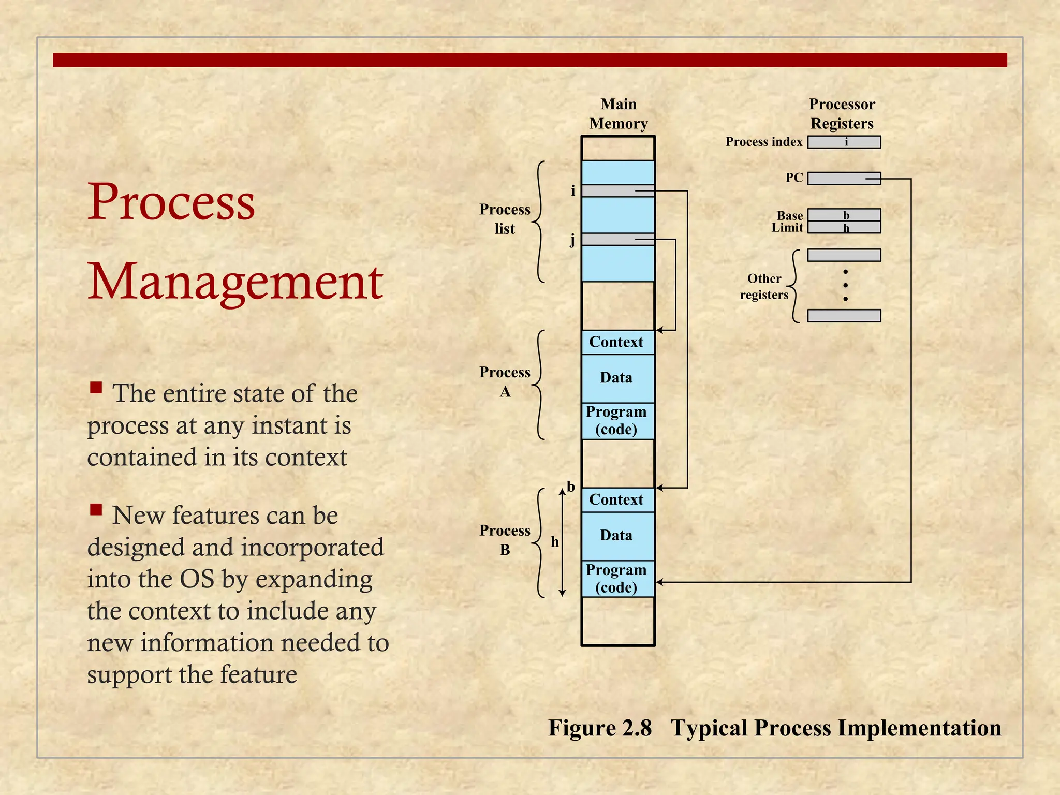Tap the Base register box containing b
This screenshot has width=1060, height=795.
[x=844, y=215]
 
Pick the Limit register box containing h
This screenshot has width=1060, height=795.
[x=844, y=227]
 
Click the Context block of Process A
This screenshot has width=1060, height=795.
[x=617, y=342]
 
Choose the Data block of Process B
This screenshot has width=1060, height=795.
[x=617, y=536]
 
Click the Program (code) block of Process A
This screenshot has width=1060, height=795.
[x=617, y=421]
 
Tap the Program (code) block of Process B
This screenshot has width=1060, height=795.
[x=617, y=579]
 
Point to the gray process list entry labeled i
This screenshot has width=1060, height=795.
[x=617, y=191]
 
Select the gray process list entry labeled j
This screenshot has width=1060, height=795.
[x=617, y=239]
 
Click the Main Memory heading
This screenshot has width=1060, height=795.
[x=619, y=114]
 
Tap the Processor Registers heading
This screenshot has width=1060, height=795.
[x=842, y=114]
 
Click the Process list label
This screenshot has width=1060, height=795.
[x=505, y=219]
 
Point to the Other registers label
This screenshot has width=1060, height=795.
[x=764, y=287]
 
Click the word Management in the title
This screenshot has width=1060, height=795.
[x=235, y=282]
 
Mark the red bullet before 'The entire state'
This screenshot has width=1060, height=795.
[x=96, y=388]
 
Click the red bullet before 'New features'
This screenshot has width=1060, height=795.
[x=96, y=510]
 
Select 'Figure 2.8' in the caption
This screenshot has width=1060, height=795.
[x=600, y=728]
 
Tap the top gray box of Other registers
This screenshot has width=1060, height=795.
[x=844, y=255]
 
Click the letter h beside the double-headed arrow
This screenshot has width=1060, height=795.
[x=555, y=542]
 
